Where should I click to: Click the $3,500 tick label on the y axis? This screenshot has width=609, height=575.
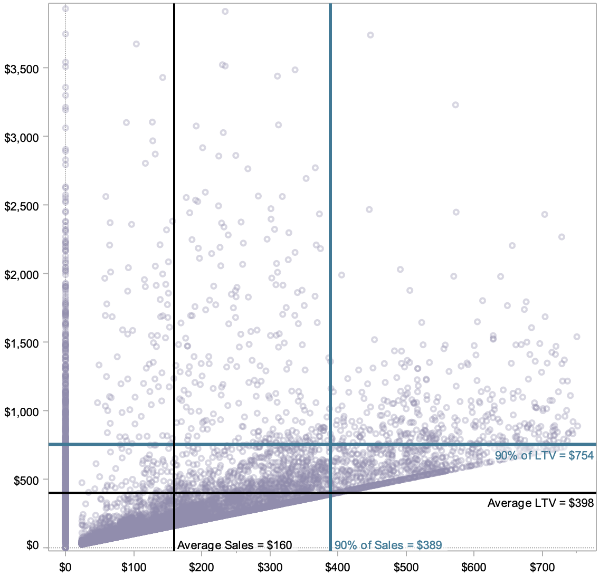(x=21, y=69)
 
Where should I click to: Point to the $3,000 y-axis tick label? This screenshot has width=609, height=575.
(x=21, y=138)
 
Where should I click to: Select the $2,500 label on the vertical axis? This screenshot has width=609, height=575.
(x=21, y=206)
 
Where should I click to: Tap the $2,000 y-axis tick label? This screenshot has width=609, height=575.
(x=21, y=275)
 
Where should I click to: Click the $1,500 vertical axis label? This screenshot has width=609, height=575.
(x=21, y=343)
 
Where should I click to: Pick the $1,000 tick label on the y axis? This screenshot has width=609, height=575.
(x=21, y=412)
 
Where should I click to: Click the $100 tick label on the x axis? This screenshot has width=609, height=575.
(x=134, y=568)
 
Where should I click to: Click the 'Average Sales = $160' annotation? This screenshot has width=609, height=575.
(x=234, y=545)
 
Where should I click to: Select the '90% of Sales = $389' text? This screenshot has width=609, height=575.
(x=388, y=545)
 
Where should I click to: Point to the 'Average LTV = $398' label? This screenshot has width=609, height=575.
(x=540, y=503)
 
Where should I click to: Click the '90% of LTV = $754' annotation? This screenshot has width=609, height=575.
(x=544, y=456)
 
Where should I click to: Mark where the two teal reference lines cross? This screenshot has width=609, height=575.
(x=330, y=444)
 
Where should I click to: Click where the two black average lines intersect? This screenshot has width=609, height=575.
(x=174, y=493)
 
